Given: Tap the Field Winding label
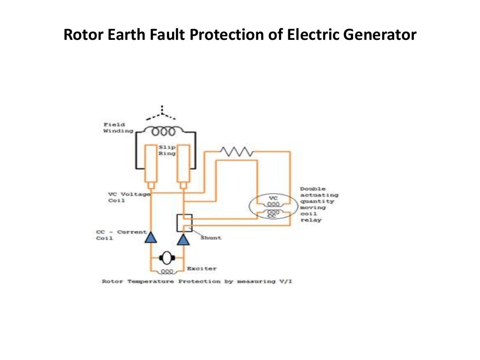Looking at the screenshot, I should tap(114, 127).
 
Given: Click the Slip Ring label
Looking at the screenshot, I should tap(166, 150).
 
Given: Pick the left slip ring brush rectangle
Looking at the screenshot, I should tap(151, 164).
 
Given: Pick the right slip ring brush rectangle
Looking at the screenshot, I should tap(183, 164).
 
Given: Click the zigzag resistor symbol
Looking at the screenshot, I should tap(237, 151).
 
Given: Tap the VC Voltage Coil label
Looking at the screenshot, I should tap(129, 197).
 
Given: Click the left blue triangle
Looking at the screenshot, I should tap(150, 238).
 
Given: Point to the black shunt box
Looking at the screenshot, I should tap(184, 223).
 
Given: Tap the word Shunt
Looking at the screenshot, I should tap(210, 238).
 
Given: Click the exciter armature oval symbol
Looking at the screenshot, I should tap(166, 257).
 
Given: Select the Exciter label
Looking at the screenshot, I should tap(202, 269).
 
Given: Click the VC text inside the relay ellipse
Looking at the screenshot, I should tap(273, 198).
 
